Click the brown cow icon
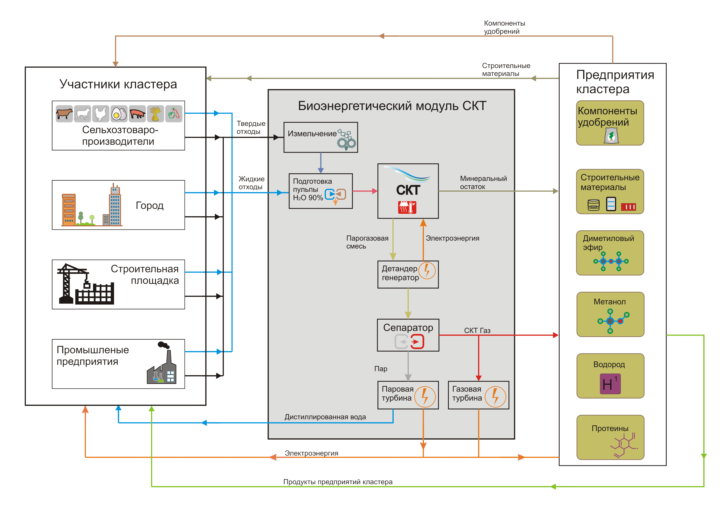click(64, 113)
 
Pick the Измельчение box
click(320, 137)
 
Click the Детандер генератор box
click(408, 274)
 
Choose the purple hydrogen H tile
click(610, 384)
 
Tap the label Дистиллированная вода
click(325, 417)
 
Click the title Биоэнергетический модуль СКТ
click(392, 106)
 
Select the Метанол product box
click(610, 314)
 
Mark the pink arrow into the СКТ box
click(365, 191)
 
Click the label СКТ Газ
click(477, 330)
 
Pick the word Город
click(150, 205)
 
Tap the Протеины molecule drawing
click(623, 445)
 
